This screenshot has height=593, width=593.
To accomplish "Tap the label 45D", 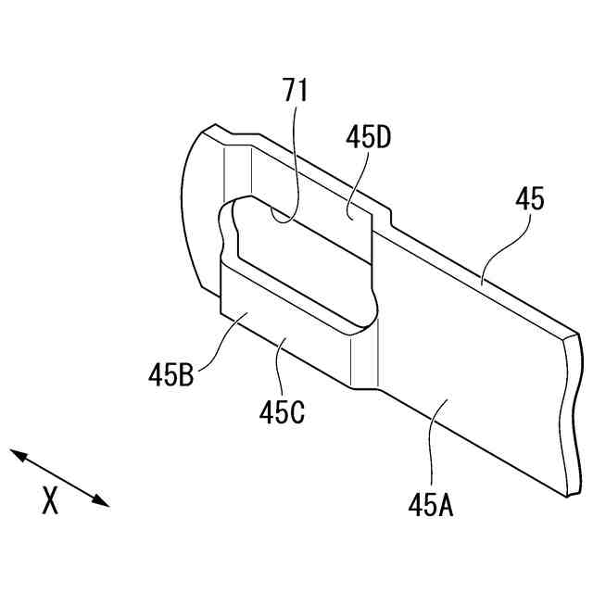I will click(x=368, y=138).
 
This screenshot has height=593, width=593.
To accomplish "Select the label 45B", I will click(x=170, y=375).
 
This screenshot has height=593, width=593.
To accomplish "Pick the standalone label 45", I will click(x=530, y=198).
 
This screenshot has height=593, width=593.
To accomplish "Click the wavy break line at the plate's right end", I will click(x=567, y=417).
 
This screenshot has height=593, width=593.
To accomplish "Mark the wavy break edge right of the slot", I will click(x=375, y=306).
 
